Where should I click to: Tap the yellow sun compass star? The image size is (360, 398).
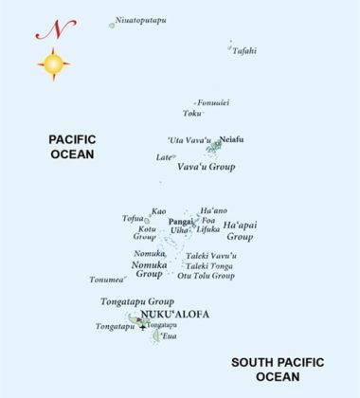[53, 65]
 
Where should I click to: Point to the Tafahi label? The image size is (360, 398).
[243, 51]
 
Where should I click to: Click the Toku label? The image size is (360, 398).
[193, 113]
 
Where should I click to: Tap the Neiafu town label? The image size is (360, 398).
[232, 137]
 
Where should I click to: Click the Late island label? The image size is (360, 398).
[164, 157]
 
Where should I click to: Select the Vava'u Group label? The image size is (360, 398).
[206, 167]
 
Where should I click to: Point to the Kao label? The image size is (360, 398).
[158, 211]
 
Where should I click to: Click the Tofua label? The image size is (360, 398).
[133, 219]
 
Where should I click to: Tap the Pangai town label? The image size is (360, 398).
[180, 221]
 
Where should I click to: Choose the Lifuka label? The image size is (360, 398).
[207, 228]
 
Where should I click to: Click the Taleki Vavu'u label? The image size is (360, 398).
[210, 256]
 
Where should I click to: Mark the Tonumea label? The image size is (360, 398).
[107, 280]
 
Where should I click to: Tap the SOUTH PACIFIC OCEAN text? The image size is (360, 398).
[278, 370]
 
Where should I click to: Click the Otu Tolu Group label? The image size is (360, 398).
[206, 276]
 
